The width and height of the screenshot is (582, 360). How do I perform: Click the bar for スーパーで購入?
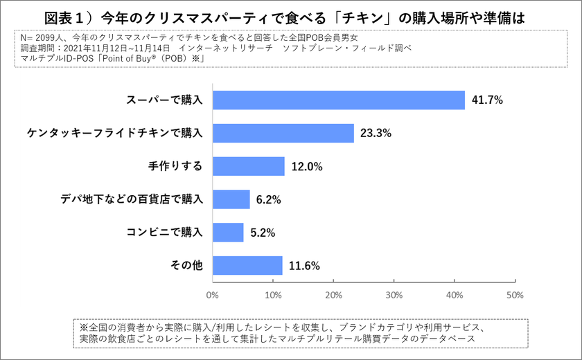338,100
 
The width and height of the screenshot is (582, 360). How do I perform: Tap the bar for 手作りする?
248,166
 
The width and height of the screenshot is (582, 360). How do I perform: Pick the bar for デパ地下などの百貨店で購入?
231,199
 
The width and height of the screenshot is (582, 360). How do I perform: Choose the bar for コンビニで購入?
228,233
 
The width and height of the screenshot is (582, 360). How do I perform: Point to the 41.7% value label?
487,100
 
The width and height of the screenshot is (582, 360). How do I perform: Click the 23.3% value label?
376,133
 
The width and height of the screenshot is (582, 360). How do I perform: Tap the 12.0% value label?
307,166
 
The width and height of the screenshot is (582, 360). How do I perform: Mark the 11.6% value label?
305,266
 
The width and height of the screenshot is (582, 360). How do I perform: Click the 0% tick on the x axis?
212,294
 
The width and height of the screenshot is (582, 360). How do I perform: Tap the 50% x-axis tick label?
515,294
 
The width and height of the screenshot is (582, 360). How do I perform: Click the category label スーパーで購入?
164,100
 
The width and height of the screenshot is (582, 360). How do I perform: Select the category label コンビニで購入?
164,233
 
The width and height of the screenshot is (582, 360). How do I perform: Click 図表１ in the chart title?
69,17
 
